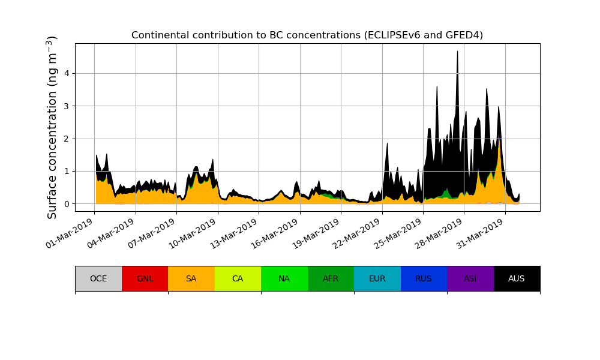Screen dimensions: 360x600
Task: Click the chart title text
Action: [x=307, y=35]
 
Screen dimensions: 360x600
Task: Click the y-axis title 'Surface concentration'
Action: [x=52, y=127]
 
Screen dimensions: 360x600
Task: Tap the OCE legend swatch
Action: [x=98, y=278]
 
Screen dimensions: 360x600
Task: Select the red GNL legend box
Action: [x=145, y=278]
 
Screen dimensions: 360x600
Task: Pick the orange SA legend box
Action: [x=191, y=278]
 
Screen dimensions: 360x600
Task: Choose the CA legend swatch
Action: [x=238, y=278]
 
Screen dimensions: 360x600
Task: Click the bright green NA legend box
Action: [x=284, y=278]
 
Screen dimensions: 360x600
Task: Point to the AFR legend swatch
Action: [x=331, y=278]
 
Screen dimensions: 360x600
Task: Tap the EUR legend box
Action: [x=377, y=278]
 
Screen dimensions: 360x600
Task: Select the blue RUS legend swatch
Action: [x=424, y=278]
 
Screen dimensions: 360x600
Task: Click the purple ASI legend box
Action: [x=470, y=278]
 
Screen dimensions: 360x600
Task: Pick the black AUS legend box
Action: [x=517, y=278]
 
